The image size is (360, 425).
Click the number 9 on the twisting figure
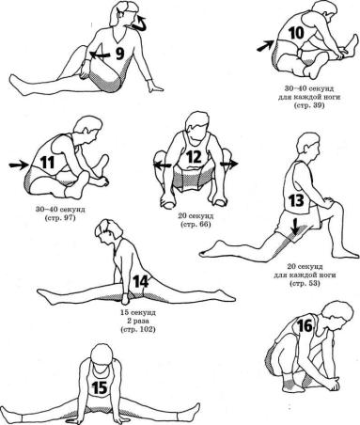[x=119, y=54]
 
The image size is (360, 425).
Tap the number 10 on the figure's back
[x=296, y=33]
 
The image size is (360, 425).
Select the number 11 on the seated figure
[x=47, y=163]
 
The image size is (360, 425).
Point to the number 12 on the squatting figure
[x=194, y=157]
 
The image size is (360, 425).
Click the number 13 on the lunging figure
[x=296, y=200]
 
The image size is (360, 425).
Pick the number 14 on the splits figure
[x=141, y=281]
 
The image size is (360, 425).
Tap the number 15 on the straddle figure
[x=100, y=388]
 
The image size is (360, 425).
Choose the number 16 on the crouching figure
[x=305, y=326]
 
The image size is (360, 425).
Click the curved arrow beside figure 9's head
[x=141, y=24]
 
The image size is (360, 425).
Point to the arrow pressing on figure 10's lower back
[x=265, y=46]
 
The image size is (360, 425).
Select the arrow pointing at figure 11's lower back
[x=19, y=165]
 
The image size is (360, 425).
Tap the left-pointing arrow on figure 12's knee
[x=163, y=165]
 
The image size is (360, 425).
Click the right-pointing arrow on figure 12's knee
[x=229, y=165]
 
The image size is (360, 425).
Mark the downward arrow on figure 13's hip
[x=294, y=227]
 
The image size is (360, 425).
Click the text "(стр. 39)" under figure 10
[x=309, y=105]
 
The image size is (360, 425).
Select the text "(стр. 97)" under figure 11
[x=60, y=217]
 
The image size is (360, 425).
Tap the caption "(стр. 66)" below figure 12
[x=196, y=225]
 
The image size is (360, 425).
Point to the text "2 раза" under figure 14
[x=138, y=322]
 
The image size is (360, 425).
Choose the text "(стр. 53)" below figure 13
[x=305, y=284]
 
